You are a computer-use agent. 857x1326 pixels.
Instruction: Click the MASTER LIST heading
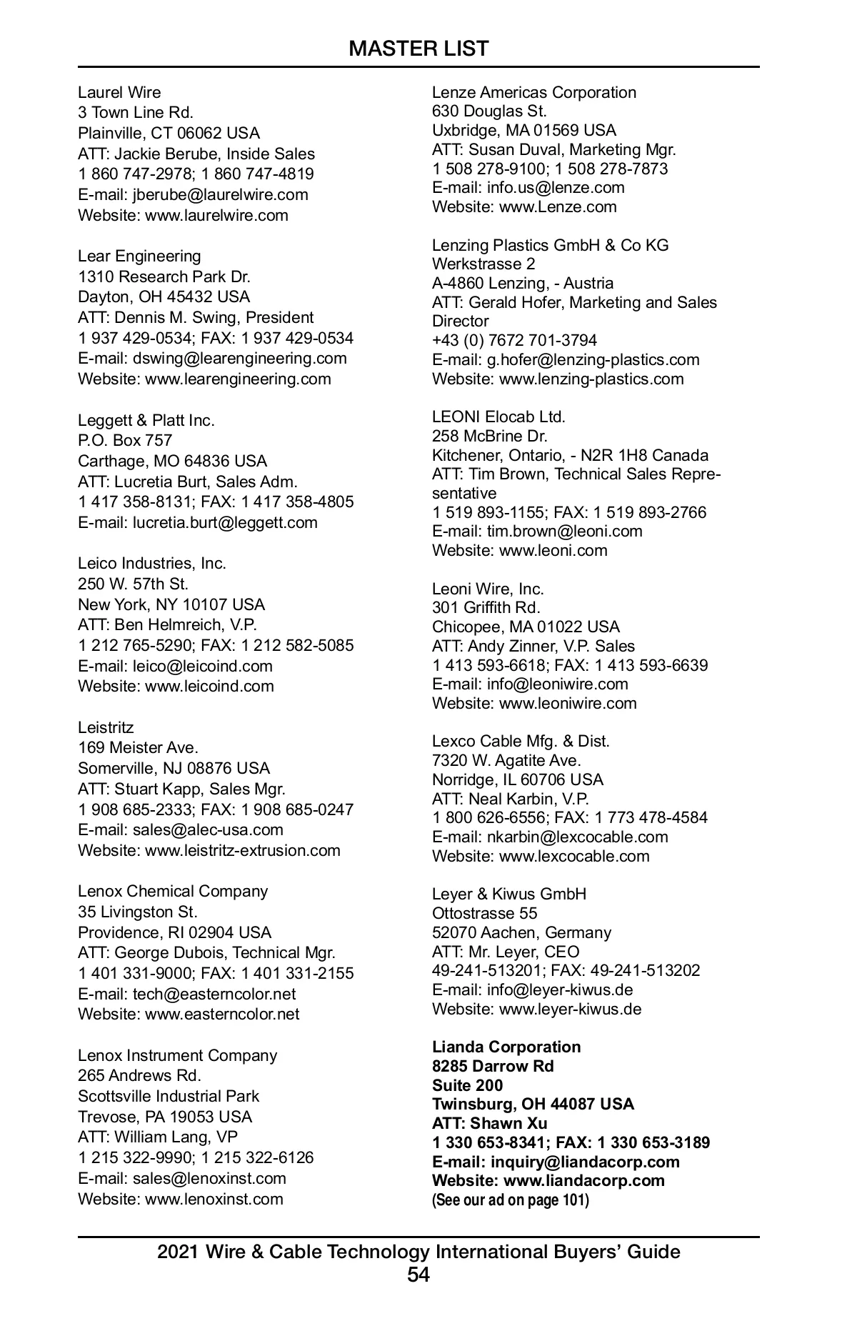point(419,49)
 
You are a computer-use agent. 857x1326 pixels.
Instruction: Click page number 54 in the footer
point(419,1274)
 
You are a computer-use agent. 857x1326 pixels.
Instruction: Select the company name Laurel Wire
point(119,92)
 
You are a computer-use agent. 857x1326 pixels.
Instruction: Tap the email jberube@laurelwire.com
point(221,194)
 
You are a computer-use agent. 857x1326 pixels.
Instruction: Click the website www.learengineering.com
point(238,379)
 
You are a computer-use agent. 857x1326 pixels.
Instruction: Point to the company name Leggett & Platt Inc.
point(146,420)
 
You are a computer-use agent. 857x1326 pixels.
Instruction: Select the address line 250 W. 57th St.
point(133,584)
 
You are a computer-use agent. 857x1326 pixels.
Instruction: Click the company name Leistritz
point(106,727)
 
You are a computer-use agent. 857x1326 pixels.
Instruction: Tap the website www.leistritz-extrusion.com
point(243,850)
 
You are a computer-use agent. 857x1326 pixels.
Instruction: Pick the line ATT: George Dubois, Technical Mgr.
point(206,952)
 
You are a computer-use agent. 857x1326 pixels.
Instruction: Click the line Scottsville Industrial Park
point(169,1096)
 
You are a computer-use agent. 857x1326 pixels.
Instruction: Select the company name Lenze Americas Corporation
point(533,92)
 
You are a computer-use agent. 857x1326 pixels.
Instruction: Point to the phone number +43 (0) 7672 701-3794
point(514,340)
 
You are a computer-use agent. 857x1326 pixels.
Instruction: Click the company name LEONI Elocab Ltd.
point(498,417)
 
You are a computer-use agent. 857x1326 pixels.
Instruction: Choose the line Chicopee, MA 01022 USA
point(526,627)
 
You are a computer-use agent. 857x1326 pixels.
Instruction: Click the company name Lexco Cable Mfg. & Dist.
point(521,741)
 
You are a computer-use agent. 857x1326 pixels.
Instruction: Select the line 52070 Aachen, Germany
point(521,932)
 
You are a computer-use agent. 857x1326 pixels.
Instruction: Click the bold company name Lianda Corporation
point(506,1047)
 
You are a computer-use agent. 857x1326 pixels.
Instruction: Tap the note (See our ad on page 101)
point(511,1200)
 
